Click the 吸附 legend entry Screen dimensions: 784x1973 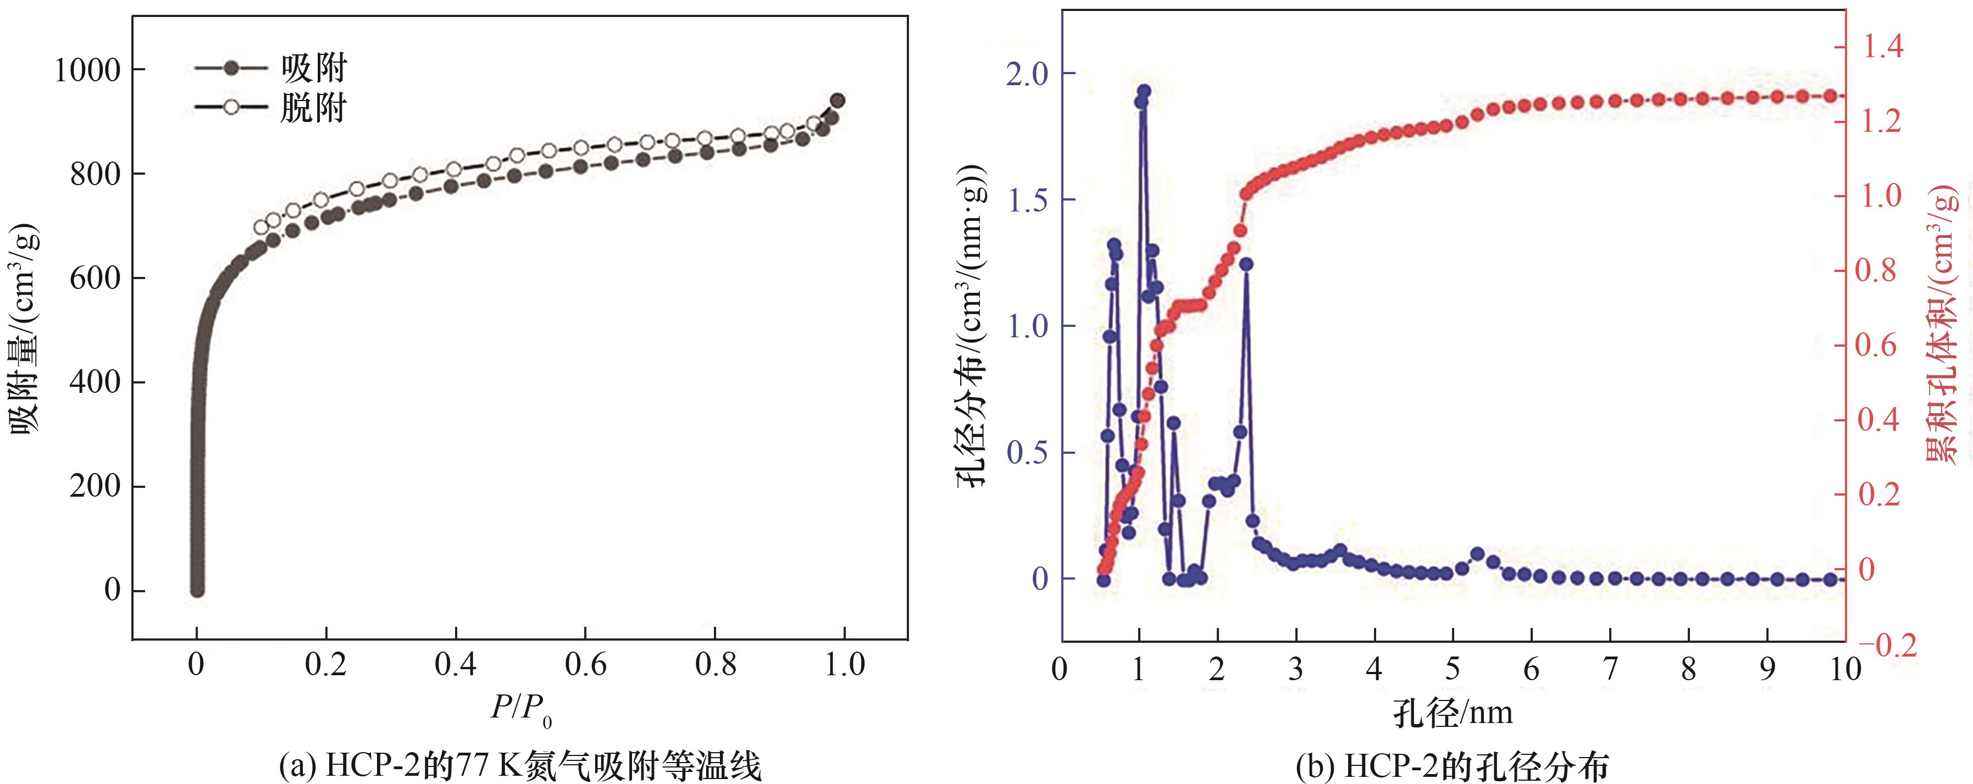[x=313, y=69]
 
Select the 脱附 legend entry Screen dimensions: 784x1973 [x=313, y=108]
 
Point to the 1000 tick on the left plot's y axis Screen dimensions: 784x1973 [x=87, y=70]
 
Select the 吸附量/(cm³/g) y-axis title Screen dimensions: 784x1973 [x=25, y=329]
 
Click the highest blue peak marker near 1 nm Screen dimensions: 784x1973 [x=1144, y=91]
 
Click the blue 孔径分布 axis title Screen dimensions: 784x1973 [x=971, y=325]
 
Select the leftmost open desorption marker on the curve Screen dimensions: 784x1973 [x=261, y=227]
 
